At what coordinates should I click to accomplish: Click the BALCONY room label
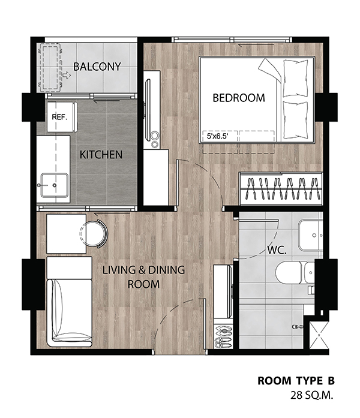pos(97,67)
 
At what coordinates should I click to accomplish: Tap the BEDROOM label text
pos(239,98)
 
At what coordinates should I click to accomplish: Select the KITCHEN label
pos(101,155)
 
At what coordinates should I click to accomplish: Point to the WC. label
pos(277,250)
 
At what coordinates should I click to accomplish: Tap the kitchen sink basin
pos(54,185)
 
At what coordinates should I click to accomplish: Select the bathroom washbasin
pos(310,235)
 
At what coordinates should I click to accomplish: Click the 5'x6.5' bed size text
pos(218,137)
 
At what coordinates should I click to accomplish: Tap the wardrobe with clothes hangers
pos(281,189)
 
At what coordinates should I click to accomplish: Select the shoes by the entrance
pos(223,337)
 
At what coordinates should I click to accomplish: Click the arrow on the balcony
pos(67,76)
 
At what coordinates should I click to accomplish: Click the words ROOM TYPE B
pos(296,381)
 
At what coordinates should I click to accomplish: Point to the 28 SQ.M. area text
pos(312,395)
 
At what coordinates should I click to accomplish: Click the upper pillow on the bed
pos(295,78)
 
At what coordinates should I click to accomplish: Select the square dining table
pos(66,234)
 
